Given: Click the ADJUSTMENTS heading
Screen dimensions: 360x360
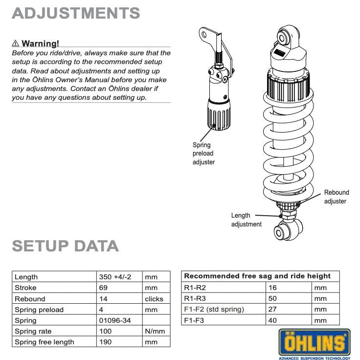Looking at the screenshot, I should click(76, 13).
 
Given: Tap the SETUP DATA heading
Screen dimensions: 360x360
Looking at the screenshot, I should click(65, 246).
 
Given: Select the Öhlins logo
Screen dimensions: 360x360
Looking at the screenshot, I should click(315, 342).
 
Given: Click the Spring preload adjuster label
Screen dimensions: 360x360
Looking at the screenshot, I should click(203, 154).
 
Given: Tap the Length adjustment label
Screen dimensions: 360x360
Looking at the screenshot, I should click(246, 220).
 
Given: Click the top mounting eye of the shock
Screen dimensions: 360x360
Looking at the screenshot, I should click(285, 38).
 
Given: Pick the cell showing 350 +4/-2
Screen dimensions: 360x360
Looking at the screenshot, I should click(114, 277).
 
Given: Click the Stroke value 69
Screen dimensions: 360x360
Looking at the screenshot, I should click(103, 288).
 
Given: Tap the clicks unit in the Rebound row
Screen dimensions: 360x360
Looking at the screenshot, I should click(154, 299).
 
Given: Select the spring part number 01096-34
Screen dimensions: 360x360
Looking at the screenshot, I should click(114, 320).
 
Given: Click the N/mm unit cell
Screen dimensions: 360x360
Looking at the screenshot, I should click(155, 331).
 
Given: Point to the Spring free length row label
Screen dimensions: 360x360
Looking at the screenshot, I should click(45, 342).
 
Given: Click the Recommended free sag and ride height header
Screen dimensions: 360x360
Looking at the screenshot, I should click(257, 276).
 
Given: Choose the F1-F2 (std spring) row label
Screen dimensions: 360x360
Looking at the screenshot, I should click(214, 309).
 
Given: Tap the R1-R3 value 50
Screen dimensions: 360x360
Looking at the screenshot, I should click(272, 298).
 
